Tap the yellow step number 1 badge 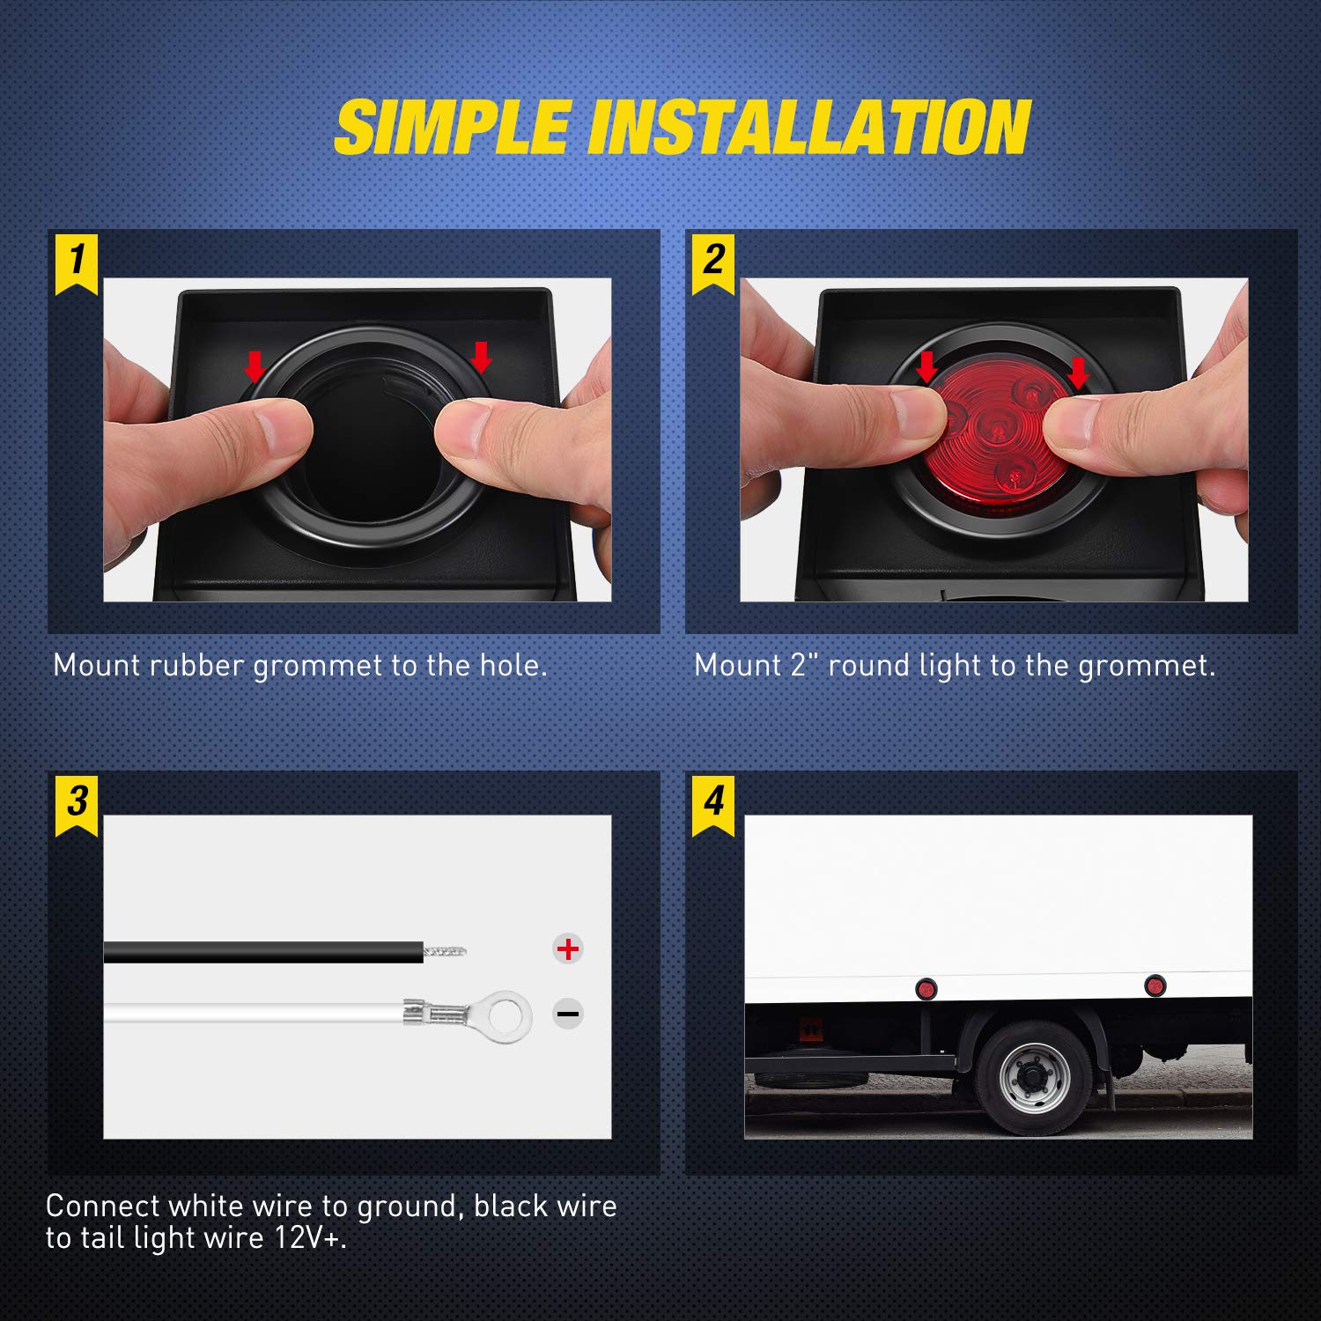77,261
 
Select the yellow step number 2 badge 713,261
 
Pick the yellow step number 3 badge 77,802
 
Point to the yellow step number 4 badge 713,802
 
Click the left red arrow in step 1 255,364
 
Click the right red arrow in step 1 481,357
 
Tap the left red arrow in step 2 926,366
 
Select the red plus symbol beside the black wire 568,948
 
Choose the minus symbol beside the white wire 568,1014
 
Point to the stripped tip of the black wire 445,950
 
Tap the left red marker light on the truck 926,989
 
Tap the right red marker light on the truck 1154,985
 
